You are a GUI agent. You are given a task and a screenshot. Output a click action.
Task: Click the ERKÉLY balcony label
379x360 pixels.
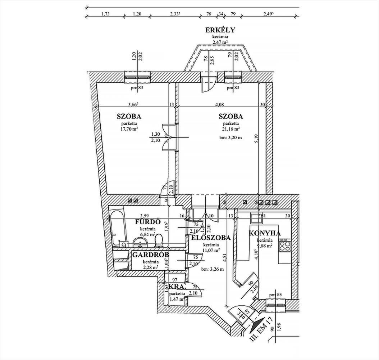220,30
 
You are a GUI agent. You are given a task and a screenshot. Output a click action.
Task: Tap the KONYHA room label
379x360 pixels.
264,233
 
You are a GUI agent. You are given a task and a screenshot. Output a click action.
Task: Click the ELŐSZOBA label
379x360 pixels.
211,238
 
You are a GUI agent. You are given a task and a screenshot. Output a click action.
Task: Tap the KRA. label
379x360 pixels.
177,287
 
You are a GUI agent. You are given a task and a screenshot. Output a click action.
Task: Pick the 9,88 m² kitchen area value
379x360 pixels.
264,246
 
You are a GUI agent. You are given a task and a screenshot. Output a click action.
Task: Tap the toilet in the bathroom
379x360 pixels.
159,240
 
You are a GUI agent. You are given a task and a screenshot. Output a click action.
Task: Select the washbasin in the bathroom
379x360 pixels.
139,241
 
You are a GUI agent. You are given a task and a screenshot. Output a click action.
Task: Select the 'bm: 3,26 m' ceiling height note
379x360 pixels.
213,269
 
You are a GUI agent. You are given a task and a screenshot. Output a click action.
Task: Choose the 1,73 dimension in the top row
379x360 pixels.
105,14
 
